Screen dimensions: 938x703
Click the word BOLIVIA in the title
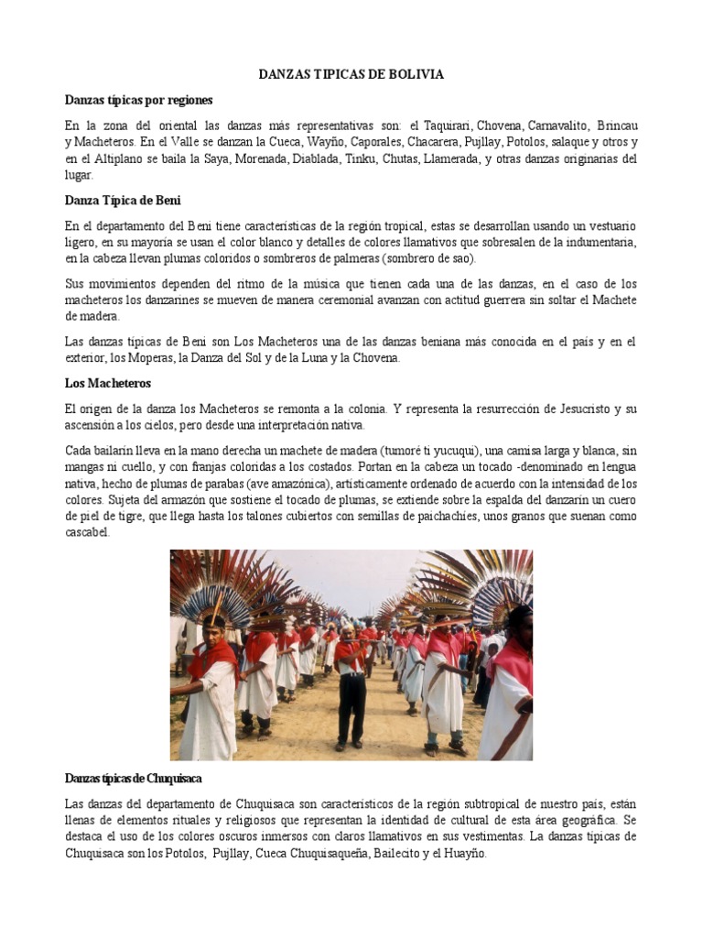coord(414,74)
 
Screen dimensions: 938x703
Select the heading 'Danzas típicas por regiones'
coord(138,99)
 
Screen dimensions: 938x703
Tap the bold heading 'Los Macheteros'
coord(107,382)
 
